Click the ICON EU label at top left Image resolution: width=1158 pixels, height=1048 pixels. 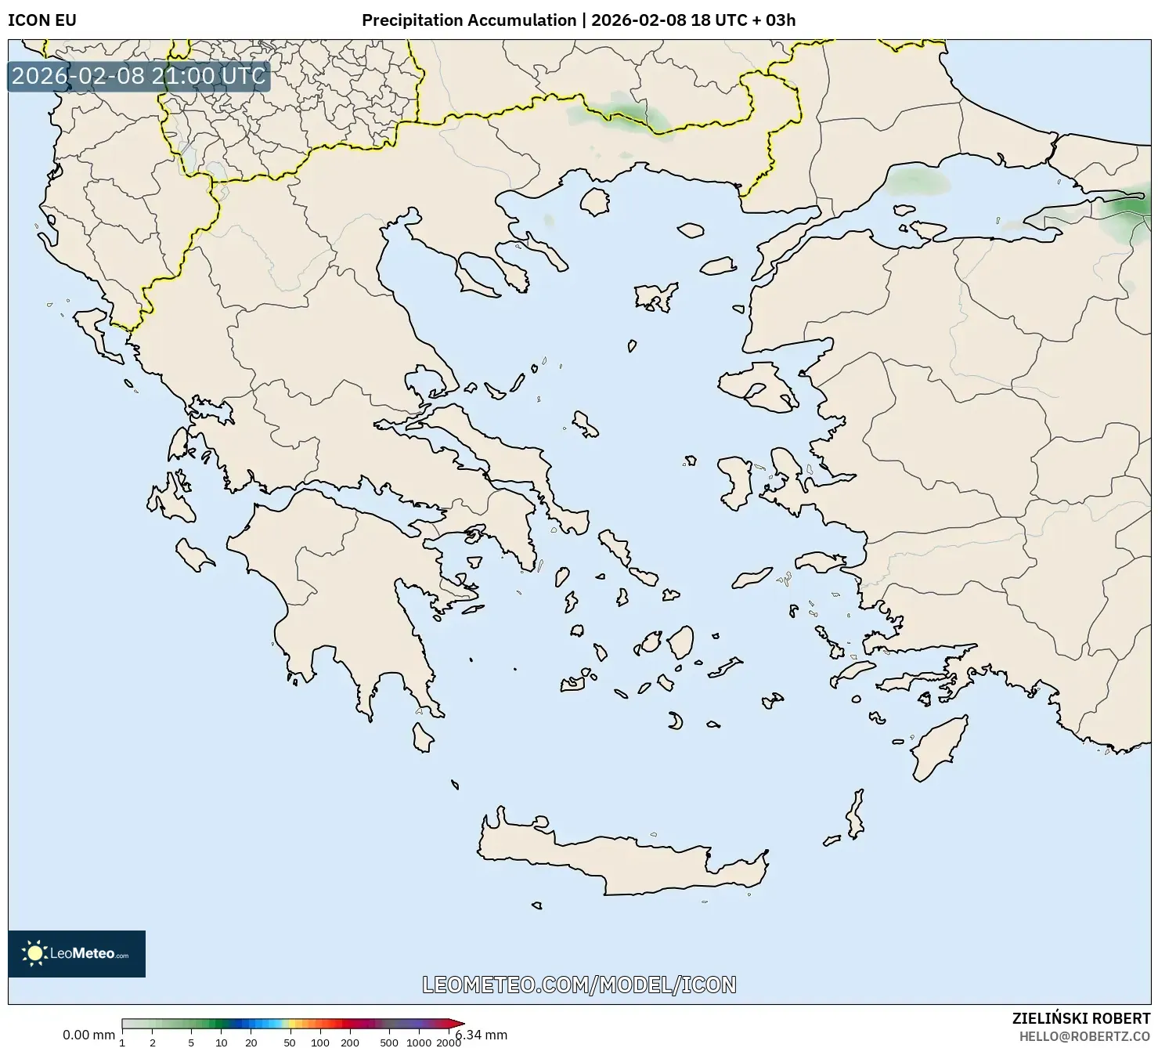pyautogui.click(x=42, y=20)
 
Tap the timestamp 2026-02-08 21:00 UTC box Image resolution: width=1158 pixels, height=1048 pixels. pyautogui.click(x=139, y=76)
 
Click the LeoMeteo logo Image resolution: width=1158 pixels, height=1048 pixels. pyautogui.click(x=77, y=953)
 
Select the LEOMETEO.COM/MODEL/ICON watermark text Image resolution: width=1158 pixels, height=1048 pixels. pyautogui.click(x=579, y=985)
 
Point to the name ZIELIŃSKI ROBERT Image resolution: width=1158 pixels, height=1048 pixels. pyautogui.click(x=1081, y=1018)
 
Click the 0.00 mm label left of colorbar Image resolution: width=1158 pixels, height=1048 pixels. pyautogui.click(x=88, y=1035)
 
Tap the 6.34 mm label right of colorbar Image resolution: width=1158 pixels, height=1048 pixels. pyautogui.click(x=482, y=1035)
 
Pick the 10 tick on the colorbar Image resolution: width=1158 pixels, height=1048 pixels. pyautogui.click(x=222, y=1043)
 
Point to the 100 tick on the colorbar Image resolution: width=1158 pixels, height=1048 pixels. pyautogui.click(x=319, y=1043)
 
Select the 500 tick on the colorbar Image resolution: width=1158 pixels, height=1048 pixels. pyautogui.click(x=389, y=1043)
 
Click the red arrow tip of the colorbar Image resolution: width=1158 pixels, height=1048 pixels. pyautogui.click(x=460, y=1024)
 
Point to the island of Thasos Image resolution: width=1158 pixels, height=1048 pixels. pyautogui.click(x=595, y=201)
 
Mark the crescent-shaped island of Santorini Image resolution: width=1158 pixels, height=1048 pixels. pyautogui.click(x=675, y=721)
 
